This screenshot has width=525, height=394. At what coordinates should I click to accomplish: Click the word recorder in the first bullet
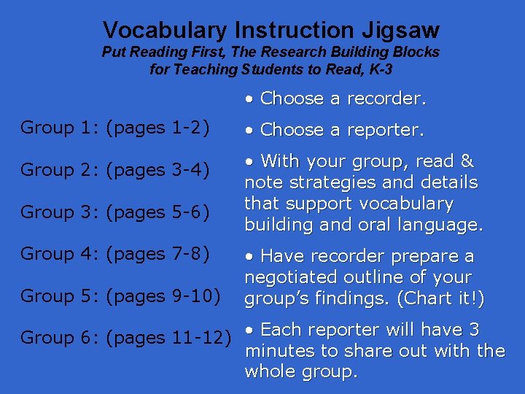(x=386, y=98)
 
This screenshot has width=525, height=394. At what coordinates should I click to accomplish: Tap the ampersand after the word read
(x=467, y=161)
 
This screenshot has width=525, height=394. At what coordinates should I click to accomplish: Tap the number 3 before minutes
(x=474, y=330)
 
